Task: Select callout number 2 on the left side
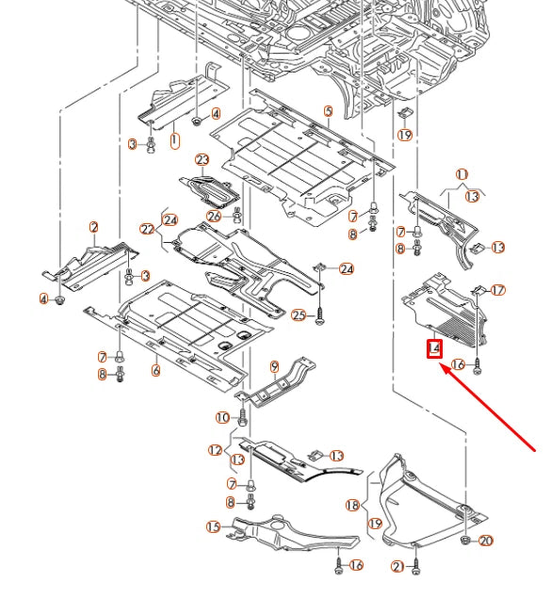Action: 94,227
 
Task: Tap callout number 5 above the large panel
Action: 328,111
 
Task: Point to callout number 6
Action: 156,371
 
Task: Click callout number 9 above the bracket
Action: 275,365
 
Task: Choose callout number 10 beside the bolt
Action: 222,417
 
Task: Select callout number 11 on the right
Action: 462,175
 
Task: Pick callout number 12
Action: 216,450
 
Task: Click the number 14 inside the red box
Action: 434,348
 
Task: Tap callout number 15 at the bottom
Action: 214,526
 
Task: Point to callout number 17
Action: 498,290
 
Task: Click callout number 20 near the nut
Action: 486,541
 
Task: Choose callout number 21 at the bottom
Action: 397,566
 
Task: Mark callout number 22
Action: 147,229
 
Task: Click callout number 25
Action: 299,315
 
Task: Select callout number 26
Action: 215,216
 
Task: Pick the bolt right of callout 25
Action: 321,315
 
